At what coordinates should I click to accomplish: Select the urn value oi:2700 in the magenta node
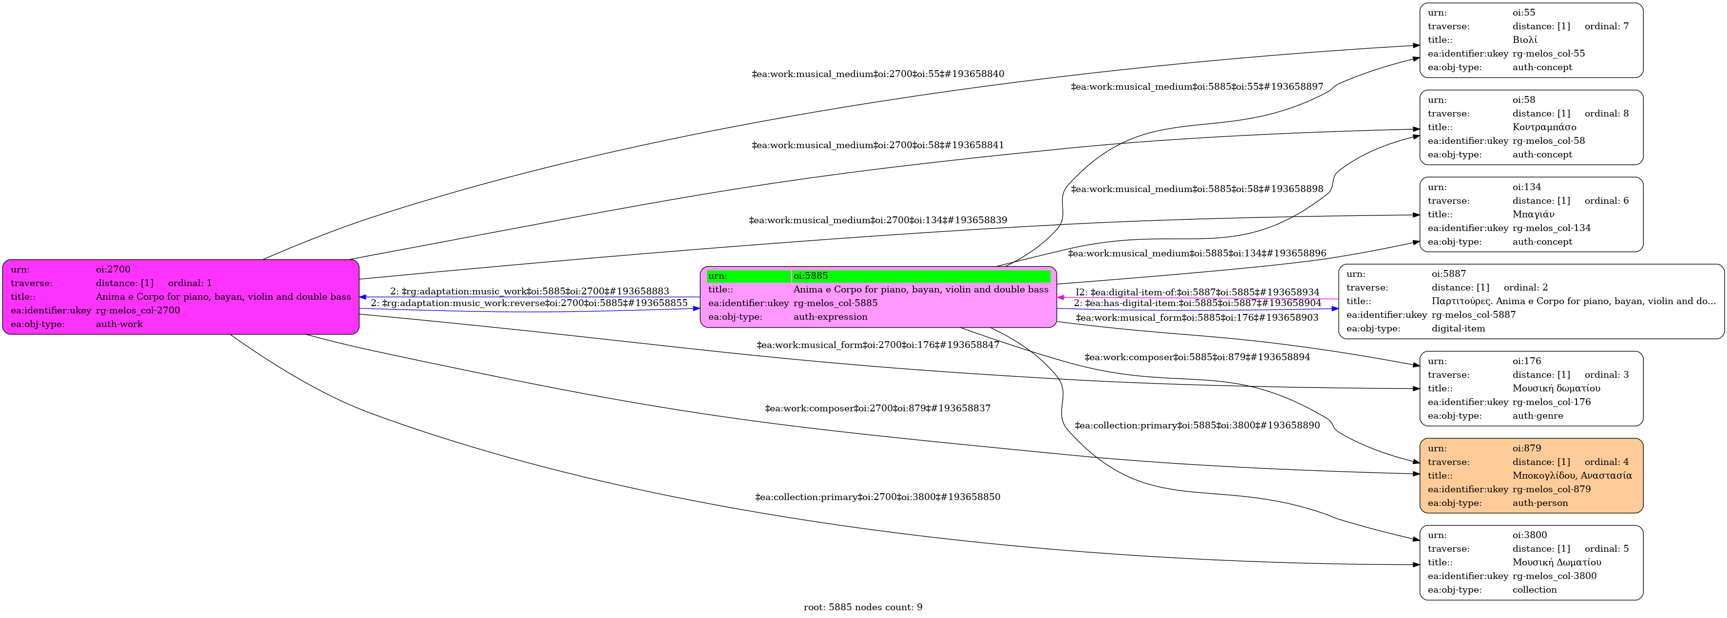pos(114,270)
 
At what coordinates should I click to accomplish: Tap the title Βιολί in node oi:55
pos(1524,39)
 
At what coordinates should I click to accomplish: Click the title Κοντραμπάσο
pos(1544,127)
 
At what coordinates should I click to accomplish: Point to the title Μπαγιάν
pos(1533,214)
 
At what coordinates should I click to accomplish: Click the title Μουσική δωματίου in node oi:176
pos(1556,388)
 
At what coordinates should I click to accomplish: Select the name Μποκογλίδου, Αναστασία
pos(1572,475)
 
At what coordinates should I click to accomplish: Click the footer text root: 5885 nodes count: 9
pos(863,607)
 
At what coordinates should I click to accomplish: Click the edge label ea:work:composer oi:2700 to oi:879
pos(877,408)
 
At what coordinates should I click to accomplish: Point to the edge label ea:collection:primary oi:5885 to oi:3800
pos(1196,425)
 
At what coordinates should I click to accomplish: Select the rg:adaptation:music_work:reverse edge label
pos(529,303)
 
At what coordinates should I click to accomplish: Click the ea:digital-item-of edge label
pos(1197,292)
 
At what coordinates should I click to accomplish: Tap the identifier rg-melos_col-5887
pos(1474,315)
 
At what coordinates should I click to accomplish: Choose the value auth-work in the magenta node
pos(119,324)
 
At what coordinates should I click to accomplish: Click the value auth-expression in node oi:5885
pos(830,317)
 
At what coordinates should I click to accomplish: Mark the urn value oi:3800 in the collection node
pos(1529,535)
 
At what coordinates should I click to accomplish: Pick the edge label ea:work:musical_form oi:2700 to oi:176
pos(877,345)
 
